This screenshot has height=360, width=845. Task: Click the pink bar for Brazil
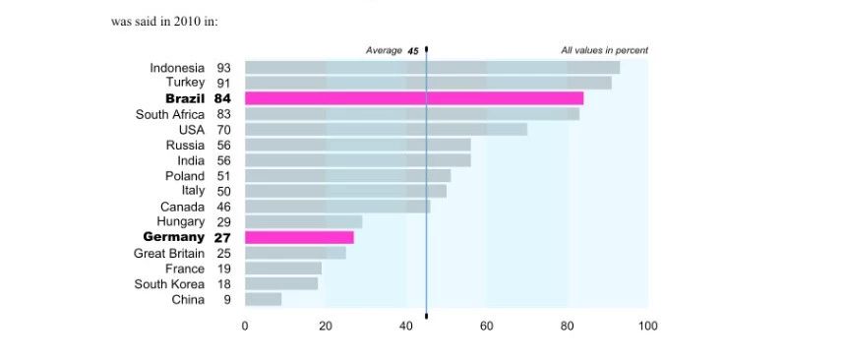click(414, 98)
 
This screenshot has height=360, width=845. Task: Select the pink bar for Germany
click(299, 238)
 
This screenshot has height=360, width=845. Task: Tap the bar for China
click(263, 300)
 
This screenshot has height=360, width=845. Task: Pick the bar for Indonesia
click(432, 67)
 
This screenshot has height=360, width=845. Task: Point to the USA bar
click(386, 129)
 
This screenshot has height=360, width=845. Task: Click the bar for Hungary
click(303, 222)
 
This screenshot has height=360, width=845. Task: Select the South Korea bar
click(281, 284)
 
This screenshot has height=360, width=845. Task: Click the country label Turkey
click(185, 83)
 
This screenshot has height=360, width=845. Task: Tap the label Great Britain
click(169, 254)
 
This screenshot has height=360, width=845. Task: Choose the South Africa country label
click(170, 114)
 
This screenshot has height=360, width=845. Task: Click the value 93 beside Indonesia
click(223, 68)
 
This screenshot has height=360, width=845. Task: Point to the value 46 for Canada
click(223, 207)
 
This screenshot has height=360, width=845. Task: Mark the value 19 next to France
click(223, 269)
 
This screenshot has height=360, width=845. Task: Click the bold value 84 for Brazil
click(222, 98)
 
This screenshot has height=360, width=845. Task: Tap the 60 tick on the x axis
click(486, 326)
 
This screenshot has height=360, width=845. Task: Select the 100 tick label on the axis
click(647, 326)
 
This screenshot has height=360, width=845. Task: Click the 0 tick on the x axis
click(245, 326)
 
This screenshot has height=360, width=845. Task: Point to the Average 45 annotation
click(392, 51)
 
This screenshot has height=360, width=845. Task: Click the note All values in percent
click(605, 51)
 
